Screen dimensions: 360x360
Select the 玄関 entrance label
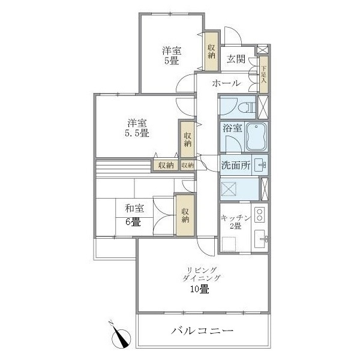pos(235,59)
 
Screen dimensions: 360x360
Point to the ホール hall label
pos(227,83)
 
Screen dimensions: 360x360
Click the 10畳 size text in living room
pos(200,289)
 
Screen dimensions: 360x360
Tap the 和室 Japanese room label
pos(134,209)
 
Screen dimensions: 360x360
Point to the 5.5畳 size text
pos(137,133)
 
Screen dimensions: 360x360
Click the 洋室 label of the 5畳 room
pos(172,50)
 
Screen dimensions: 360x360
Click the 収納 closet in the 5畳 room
pos(211,50)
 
